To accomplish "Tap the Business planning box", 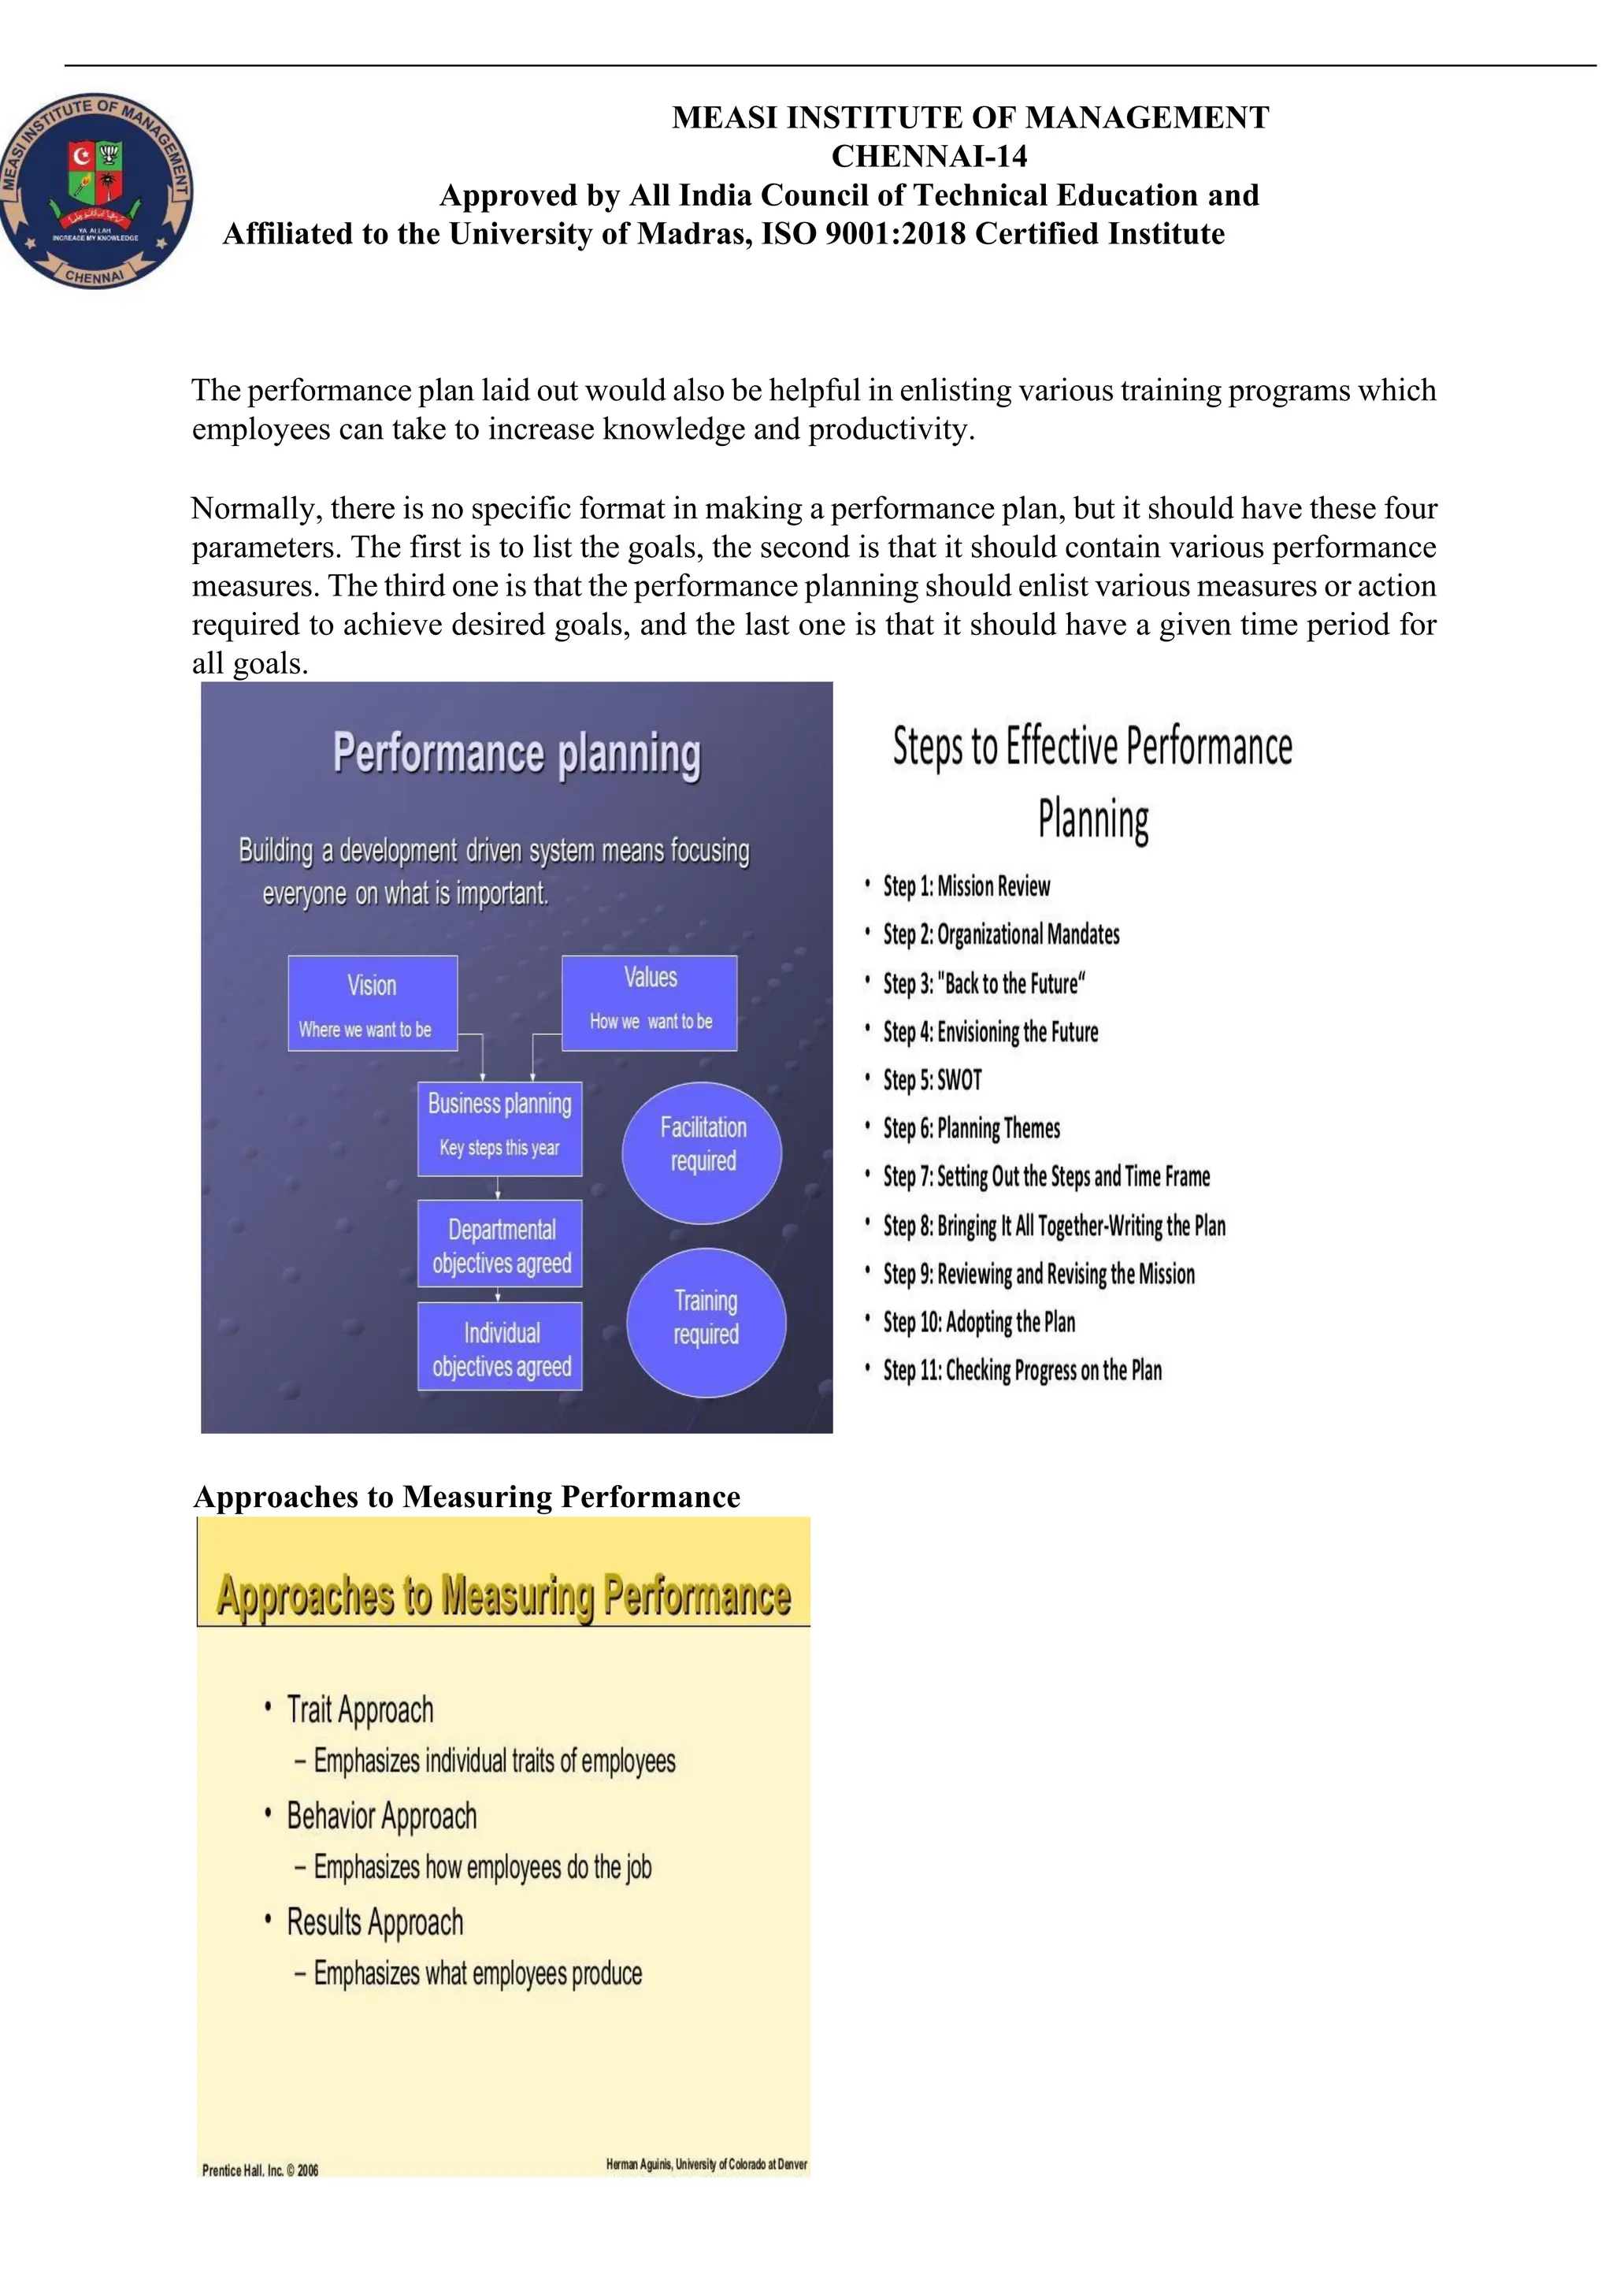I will pyautogui.click(x=500, y=1129).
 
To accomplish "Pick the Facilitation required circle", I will pyautogui.click(x=703, y=1152).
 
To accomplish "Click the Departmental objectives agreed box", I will pyautogui.click(x=500, y=1244).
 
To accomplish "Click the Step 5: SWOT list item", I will pyautogui.click(x=933, y=1080).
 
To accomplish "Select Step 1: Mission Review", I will pyautogui.click(x=966, y=886).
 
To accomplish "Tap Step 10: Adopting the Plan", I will pyautogui.click(x=979, y=1321).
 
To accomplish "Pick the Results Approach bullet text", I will pyautogui.click(x=375, y=1921).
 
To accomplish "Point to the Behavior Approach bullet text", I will pyautogui.click(x=382, y=1815).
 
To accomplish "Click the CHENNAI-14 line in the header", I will pyautogui.click(x=929, y=156).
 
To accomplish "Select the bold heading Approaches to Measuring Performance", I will pyautogui.click(x=467, y=1497).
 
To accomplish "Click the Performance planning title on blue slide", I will pyautogui.click(x=517, y=752).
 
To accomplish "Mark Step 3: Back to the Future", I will pyautogui.click(x=984, y=983).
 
